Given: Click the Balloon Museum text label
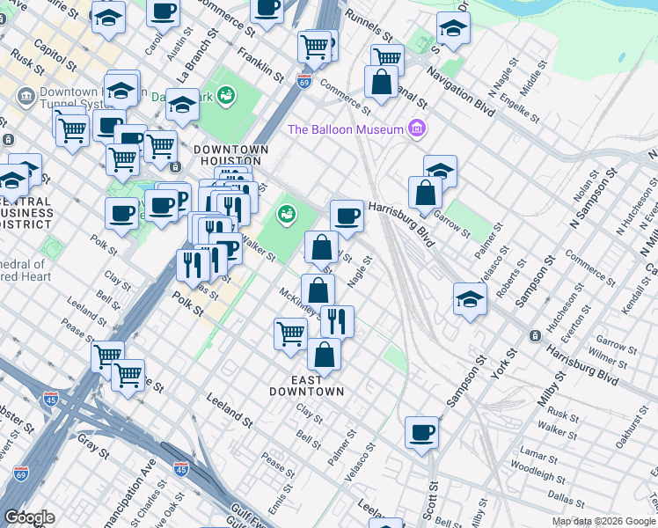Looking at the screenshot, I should point(346,130).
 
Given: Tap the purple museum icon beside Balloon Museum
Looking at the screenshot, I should point(417,130).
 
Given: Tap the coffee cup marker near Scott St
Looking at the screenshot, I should point(422,433).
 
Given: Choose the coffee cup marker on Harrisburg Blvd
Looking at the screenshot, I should point(347,216).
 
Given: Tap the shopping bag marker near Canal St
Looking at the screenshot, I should point(381,83).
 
